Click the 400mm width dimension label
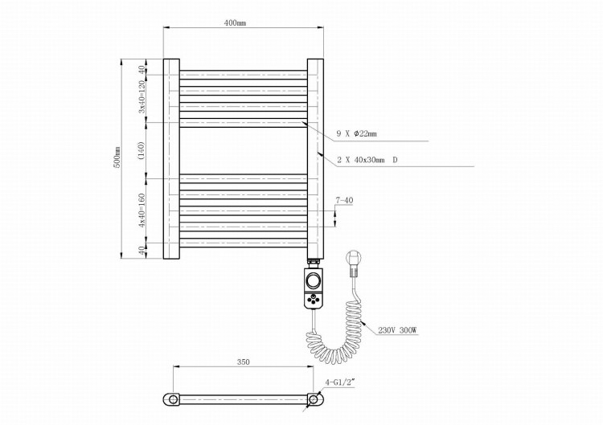(235, 23)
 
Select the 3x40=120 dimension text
(142, 97)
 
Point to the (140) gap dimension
(142, 150)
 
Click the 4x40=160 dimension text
(142, 210)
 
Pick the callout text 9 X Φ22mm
(356, 133)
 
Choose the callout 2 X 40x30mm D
(367, 160)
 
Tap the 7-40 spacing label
(344, 200)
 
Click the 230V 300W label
(397, 330)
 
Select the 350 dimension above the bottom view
(243, 362)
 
